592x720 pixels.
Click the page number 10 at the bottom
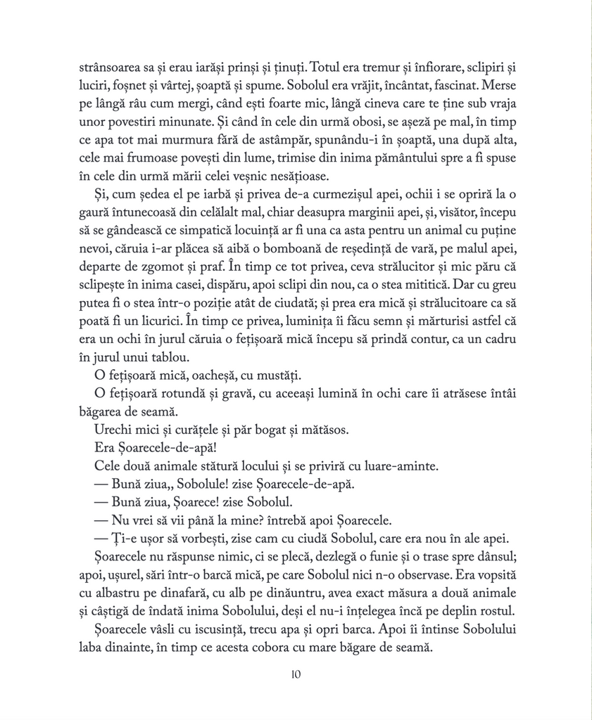point(296,676)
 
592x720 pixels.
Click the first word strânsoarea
point(110,70)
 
